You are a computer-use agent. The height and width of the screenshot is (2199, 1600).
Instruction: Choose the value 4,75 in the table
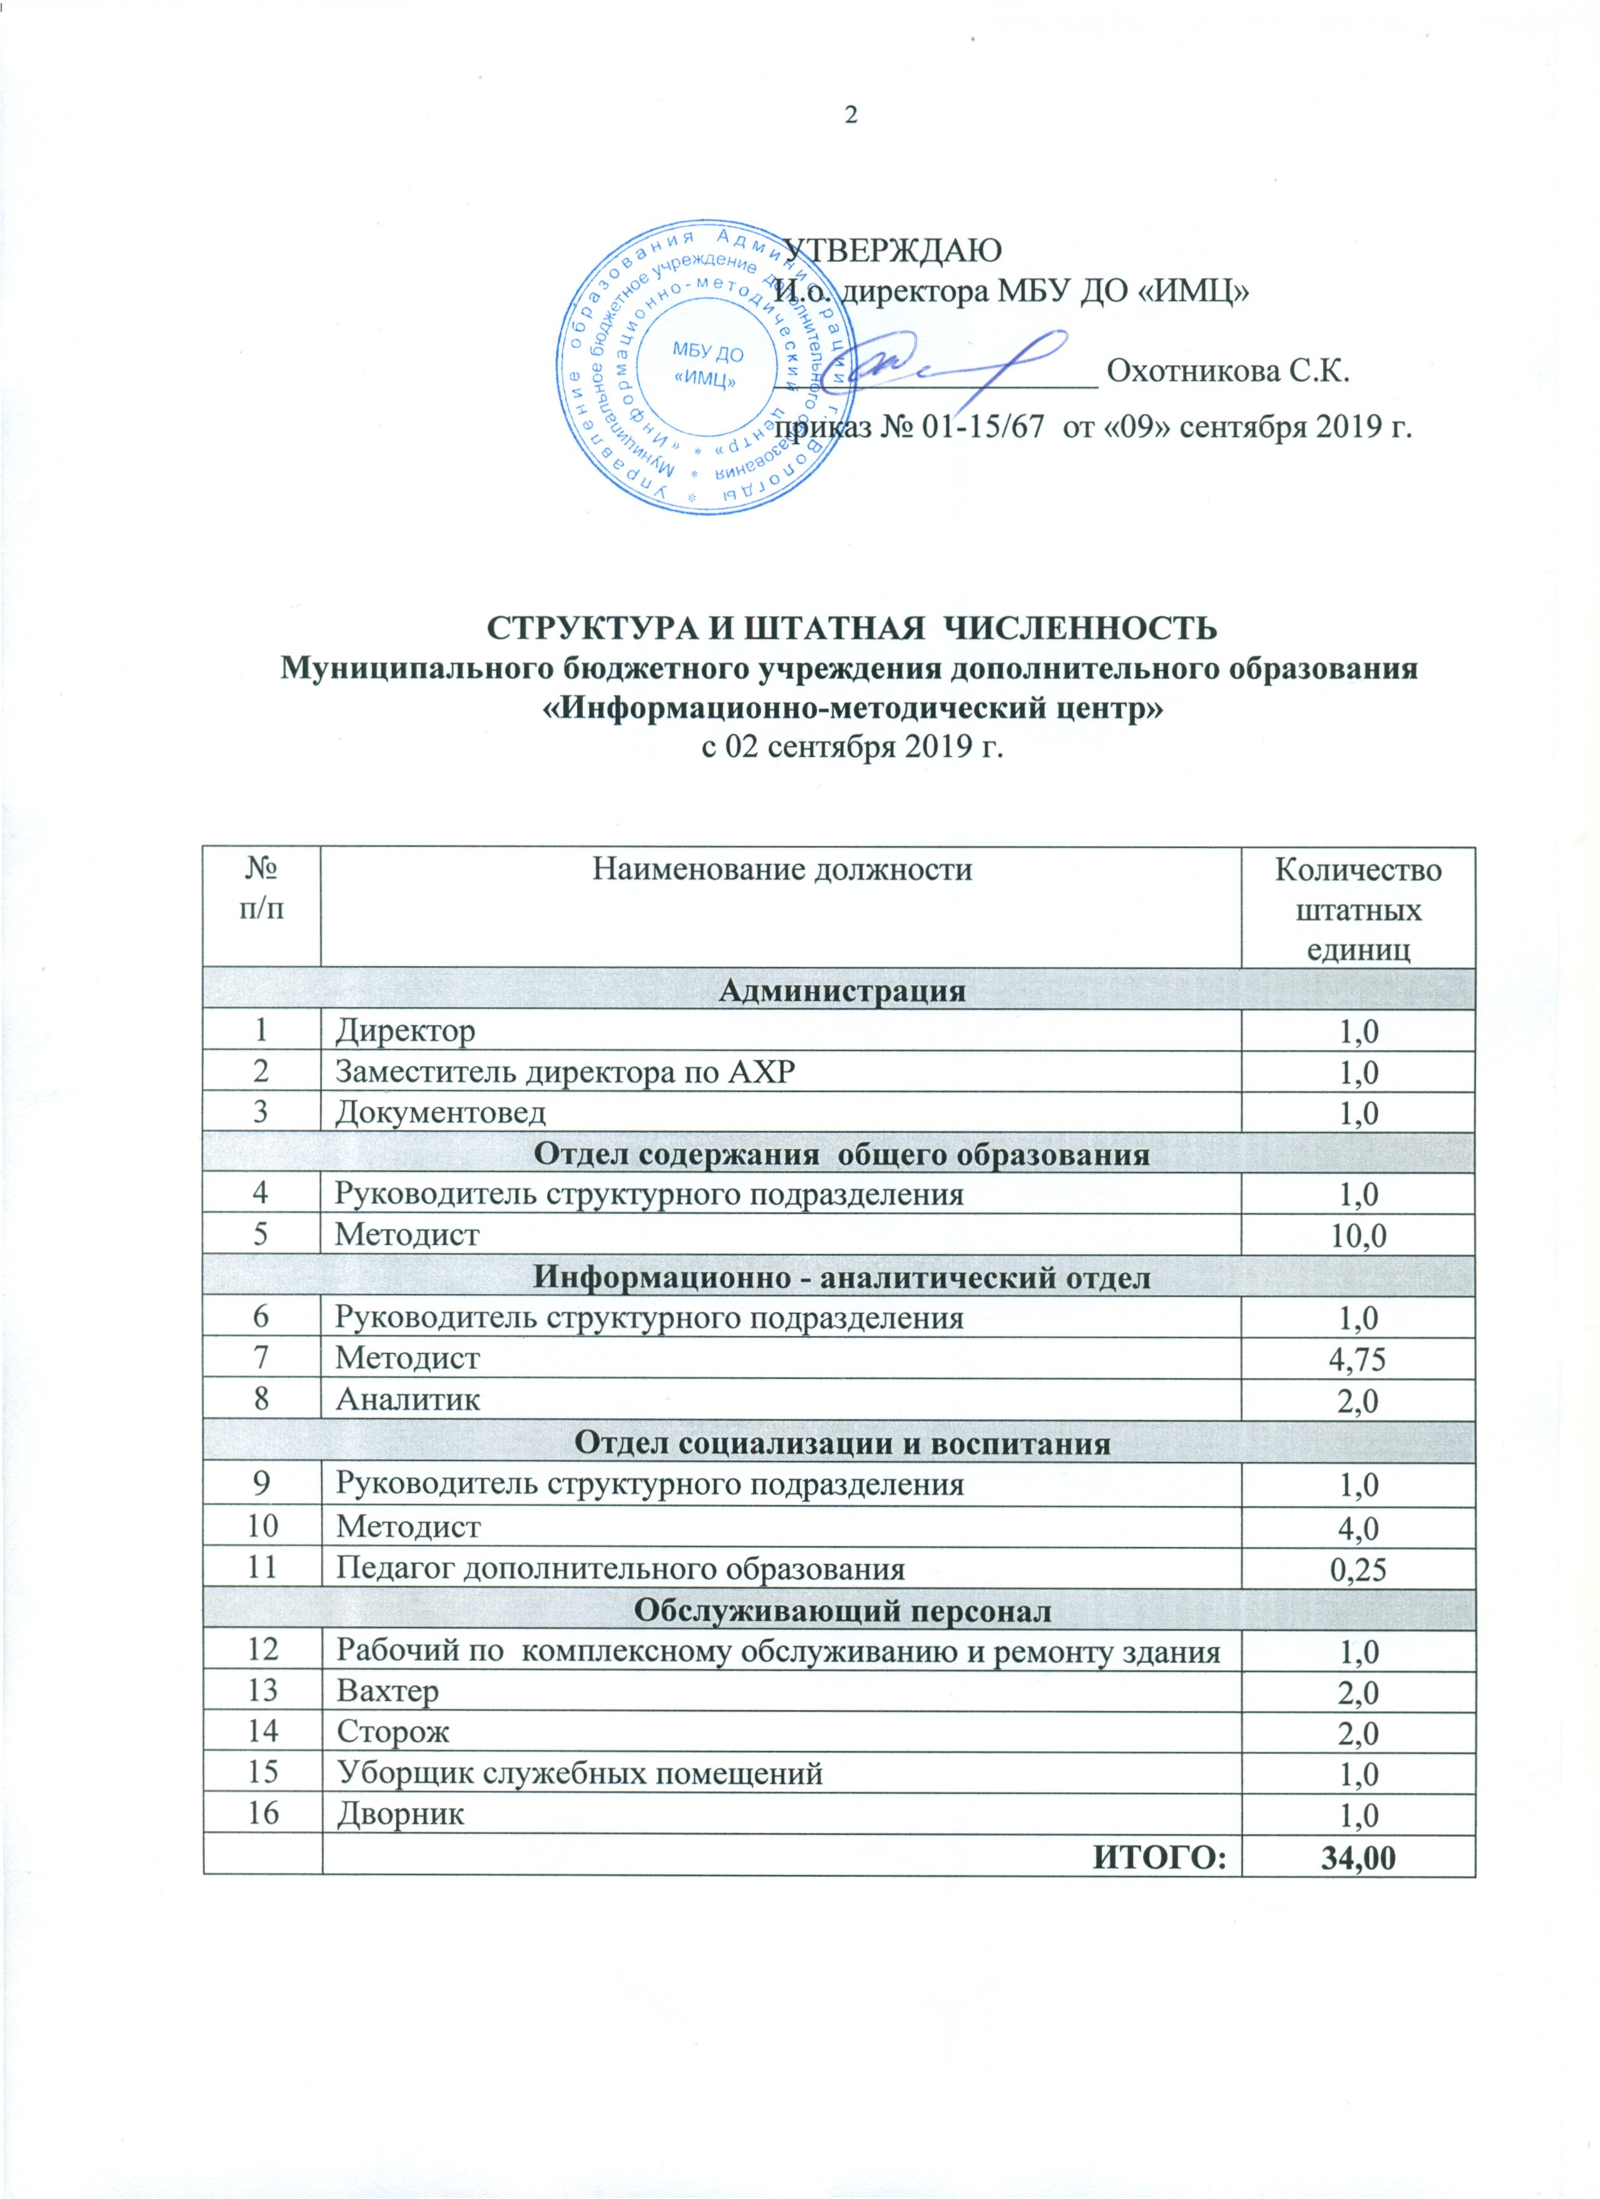[x=1358, y=1359]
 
